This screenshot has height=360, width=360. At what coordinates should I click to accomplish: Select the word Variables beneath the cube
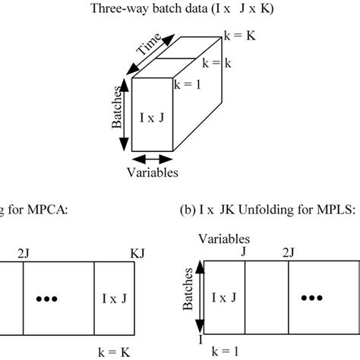point(153,172)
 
